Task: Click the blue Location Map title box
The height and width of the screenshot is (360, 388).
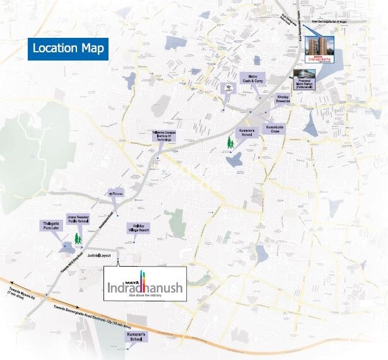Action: tap(68, 49)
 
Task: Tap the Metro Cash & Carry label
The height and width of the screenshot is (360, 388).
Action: tap(256, 78)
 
